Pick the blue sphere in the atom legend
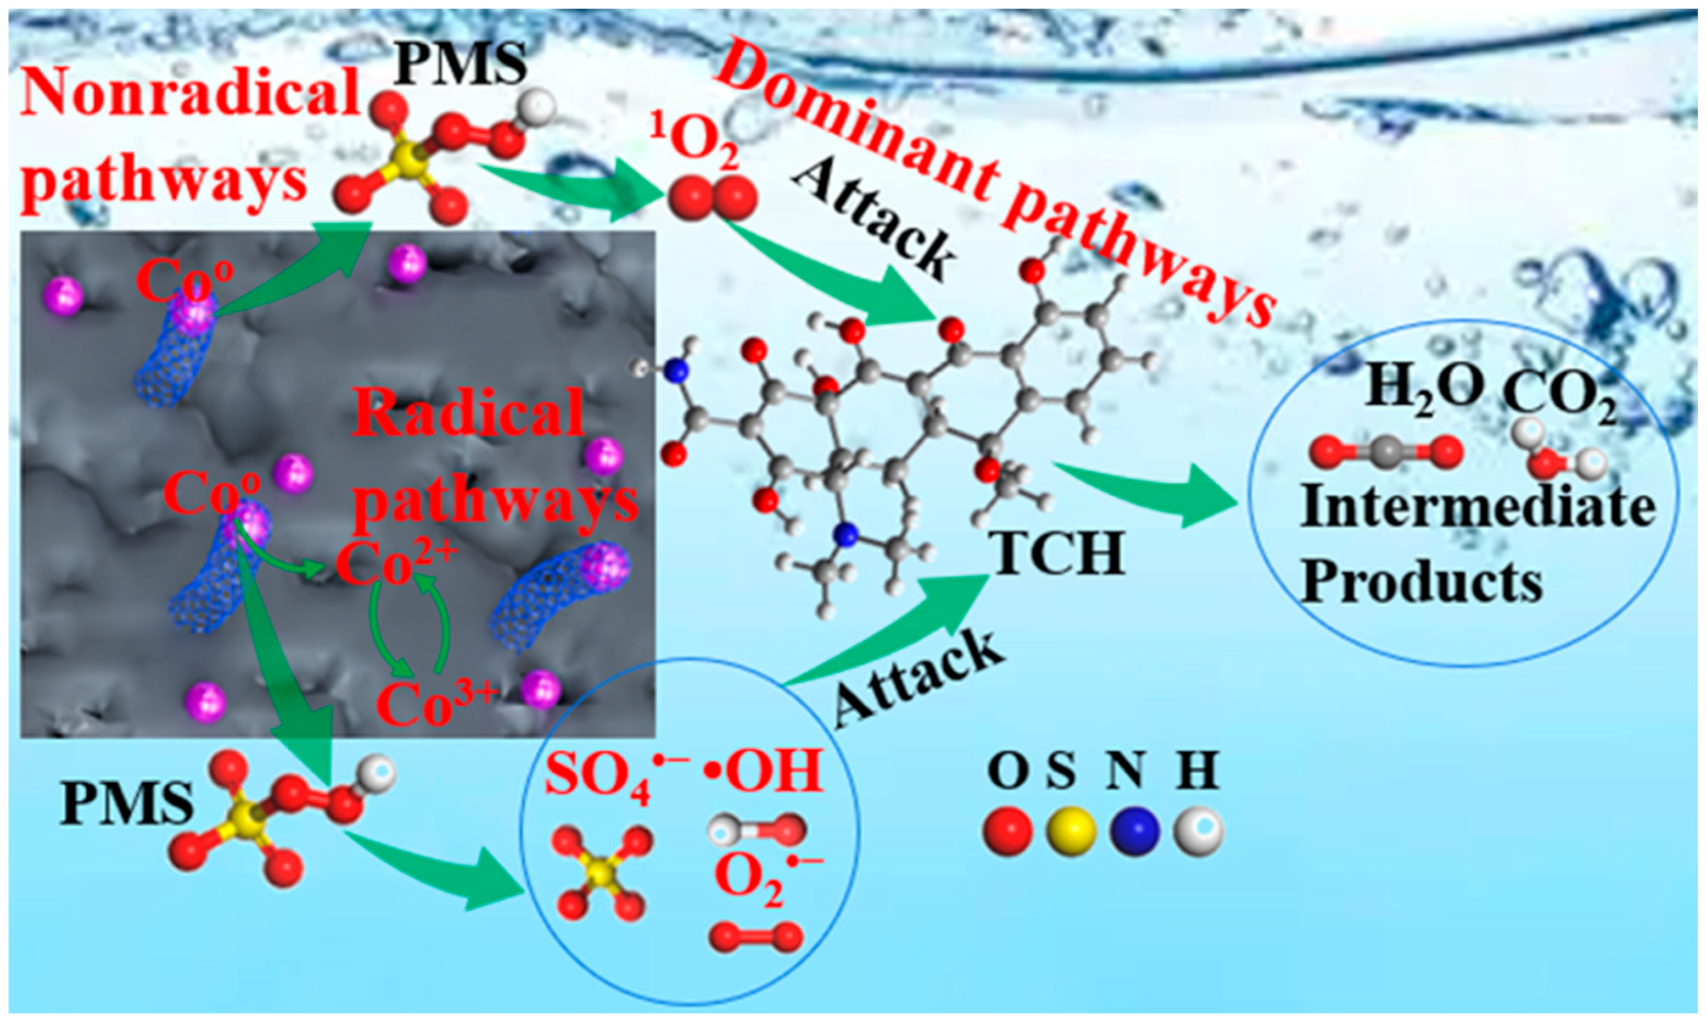click(x=1134, y=831)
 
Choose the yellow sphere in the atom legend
click(x=1071, y=831)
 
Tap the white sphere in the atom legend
click(x=1199, y=831)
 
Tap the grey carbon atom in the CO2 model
click(x=1386, y=452)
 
